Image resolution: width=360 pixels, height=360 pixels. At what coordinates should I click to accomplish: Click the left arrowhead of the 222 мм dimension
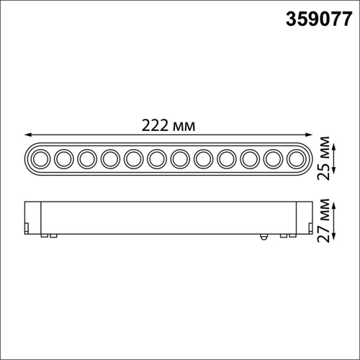point(27,135)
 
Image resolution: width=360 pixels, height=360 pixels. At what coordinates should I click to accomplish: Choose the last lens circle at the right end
point(295,157)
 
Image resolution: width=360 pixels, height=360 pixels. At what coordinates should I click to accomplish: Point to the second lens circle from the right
point(272,157)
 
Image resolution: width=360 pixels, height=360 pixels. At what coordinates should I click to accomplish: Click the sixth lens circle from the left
point(156,157)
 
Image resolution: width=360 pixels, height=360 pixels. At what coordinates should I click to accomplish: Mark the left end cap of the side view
point(32,217)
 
